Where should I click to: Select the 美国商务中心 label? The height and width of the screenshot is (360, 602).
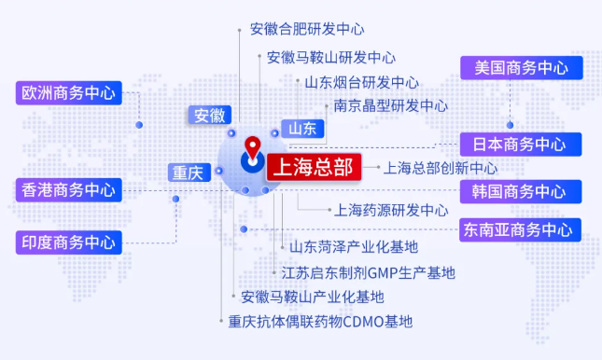[521, 68]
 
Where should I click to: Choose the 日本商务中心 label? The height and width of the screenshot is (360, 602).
[521, 145]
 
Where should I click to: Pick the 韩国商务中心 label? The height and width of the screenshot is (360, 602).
[521, 192]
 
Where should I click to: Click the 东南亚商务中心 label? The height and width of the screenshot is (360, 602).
[521, 229]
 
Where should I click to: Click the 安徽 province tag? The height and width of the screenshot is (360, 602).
[210, 116]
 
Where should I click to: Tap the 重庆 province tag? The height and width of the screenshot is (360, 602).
[187, 173]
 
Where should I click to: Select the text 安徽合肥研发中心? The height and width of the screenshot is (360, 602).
[307, 30]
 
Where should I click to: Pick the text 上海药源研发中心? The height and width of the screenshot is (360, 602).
[391, 211]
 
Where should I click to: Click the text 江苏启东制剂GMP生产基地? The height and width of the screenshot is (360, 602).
[368, 272]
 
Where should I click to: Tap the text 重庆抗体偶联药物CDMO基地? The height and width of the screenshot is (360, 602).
[320, 323]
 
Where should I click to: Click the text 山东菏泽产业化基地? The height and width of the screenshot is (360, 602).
[353, 247]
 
